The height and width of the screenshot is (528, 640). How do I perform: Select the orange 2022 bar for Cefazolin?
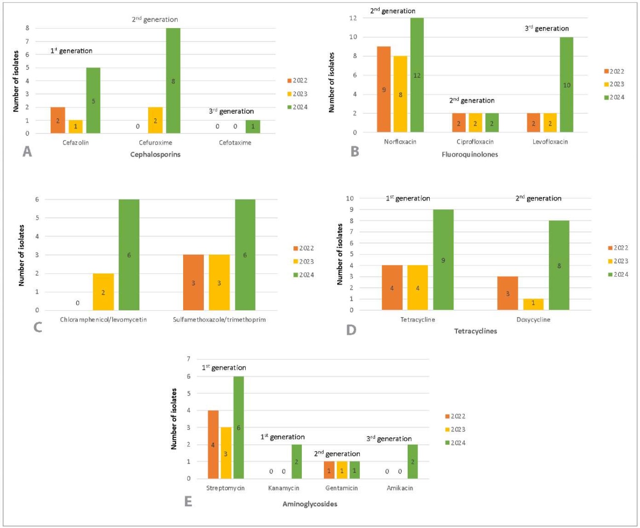[58, 120]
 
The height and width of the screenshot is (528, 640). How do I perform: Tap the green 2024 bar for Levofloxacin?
[566, 84]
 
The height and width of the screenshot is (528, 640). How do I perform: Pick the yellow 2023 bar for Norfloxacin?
[400, 94]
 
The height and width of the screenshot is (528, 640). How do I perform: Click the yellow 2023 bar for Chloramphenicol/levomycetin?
[103, 292]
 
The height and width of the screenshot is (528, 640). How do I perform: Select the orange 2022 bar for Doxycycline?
[507, 293]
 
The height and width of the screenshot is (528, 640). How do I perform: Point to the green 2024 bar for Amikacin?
[413, 462]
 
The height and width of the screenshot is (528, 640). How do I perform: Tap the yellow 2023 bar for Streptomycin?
[225, 453]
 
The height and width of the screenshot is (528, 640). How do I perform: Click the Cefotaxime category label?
[235, 143]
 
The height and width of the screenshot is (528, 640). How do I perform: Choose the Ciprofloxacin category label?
[475, 142]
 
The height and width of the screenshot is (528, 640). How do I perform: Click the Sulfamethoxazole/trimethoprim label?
[219, 320]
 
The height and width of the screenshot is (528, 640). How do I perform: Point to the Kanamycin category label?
[284, 488]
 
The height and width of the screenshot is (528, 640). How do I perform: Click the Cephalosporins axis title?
[155, 155]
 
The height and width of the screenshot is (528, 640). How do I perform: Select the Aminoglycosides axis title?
[310, 504]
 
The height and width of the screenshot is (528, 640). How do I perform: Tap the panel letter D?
[351, 330]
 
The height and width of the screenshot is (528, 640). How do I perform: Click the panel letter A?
[28, 152]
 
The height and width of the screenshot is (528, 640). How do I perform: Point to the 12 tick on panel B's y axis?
[353, 18]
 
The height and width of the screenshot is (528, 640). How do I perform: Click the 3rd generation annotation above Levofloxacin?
[546, 29]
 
